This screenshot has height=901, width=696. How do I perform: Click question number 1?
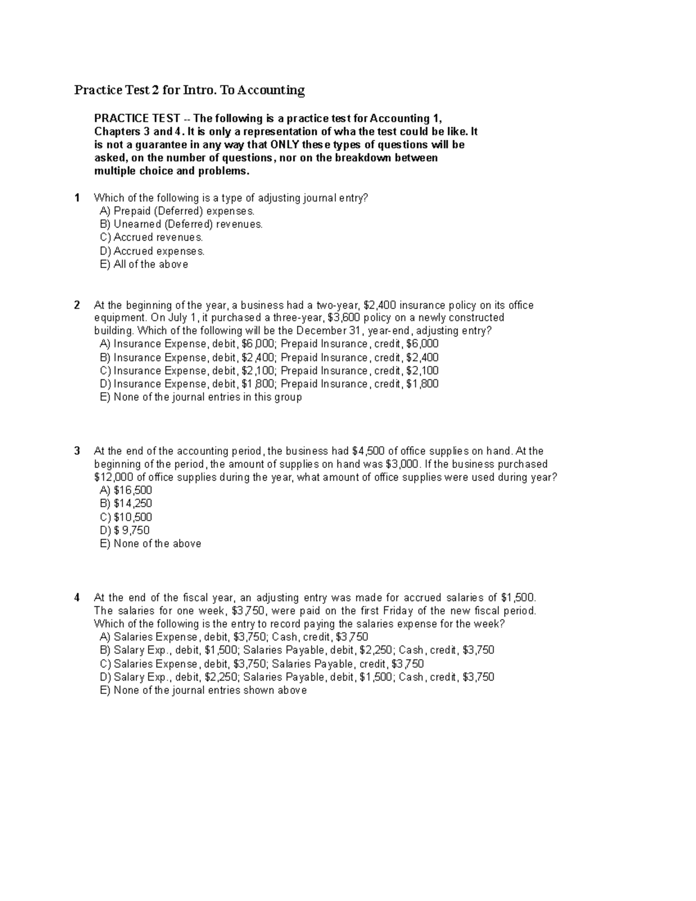pos(77,198)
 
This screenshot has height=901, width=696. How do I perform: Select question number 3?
pos(77,451)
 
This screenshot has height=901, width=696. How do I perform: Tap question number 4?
pos(77,597)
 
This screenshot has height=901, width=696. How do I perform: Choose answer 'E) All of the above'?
pos(144,265)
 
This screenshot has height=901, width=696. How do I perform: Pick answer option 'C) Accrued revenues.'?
pos(151,237)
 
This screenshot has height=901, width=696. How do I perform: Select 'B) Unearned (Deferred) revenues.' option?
pos(182,224)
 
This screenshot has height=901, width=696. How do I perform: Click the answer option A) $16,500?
pos(126,490)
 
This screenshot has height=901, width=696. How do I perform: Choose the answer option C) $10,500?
pos(126,517)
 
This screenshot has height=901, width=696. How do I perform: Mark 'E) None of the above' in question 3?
pos(151,544)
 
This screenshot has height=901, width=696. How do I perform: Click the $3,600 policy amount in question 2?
pos(344,318)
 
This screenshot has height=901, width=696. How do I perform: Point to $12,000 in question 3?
pos(113,477)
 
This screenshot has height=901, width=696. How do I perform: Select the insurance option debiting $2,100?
pos(270,371)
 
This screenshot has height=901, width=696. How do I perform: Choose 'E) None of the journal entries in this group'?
pos(201,397)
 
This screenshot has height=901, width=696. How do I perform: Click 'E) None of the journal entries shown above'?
pos(204,690)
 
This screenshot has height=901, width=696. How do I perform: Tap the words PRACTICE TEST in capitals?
pos(137,118)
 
